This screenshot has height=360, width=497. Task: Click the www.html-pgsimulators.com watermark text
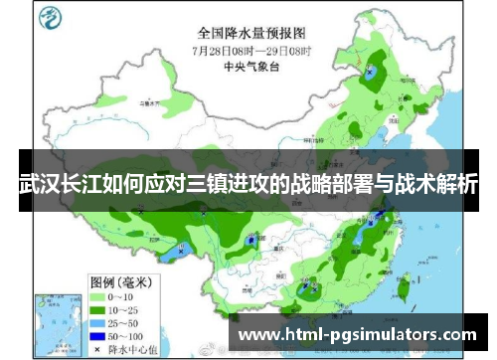(359, 334)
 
